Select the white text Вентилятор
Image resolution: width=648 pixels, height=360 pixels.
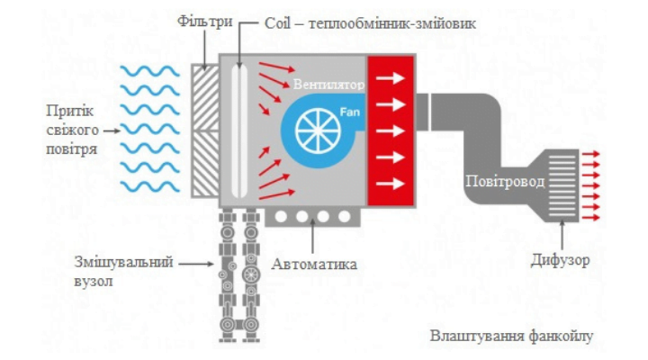click(x=328, y=85)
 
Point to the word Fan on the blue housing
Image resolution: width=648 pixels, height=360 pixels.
click(x=348, y=111)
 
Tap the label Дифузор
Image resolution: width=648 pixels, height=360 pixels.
click(x=560, y=260)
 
